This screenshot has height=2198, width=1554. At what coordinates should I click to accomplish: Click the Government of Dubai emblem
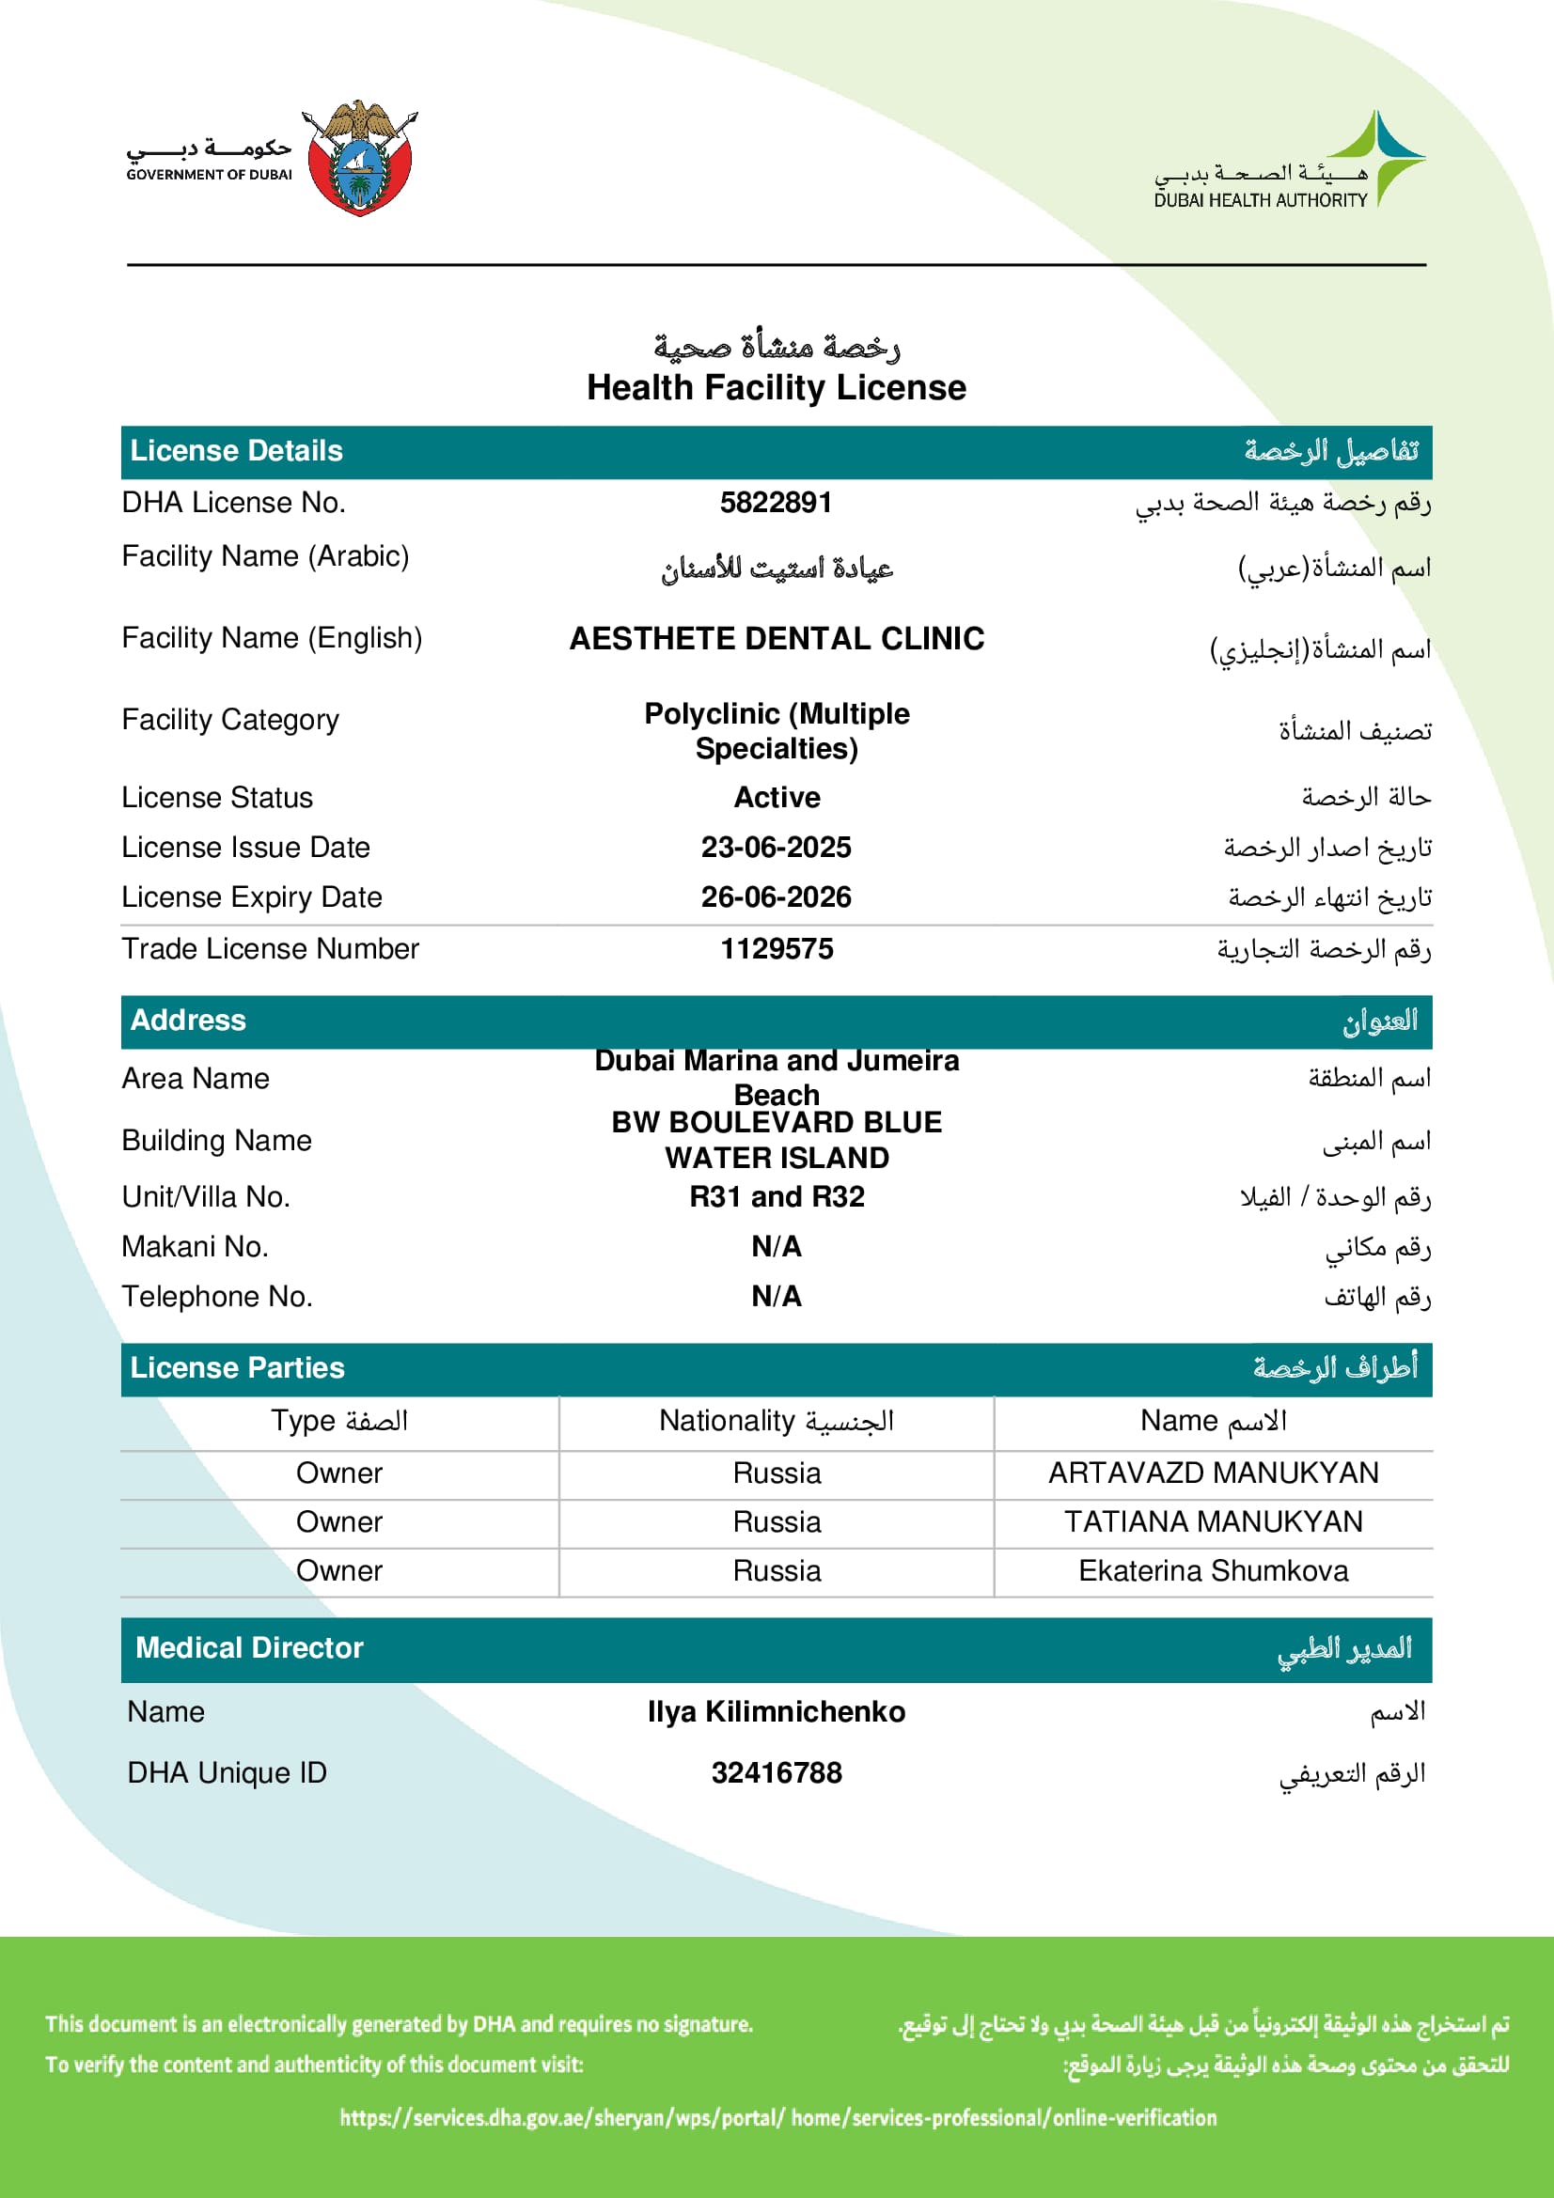(360, 159)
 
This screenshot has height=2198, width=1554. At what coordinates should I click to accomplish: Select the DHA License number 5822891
(776, 503)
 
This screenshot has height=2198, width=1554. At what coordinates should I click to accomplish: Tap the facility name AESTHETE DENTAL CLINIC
(777, 638)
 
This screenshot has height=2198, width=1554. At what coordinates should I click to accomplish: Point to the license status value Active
(777, 798)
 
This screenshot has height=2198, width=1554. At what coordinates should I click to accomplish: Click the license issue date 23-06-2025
(776, 848)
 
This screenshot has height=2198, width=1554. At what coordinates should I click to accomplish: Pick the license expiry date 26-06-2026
(776, 897)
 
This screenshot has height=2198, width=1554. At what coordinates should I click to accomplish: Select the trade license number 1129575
(777, 949)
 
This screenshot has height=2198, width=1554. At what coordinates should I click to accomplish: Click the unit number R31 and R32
(777, 1196)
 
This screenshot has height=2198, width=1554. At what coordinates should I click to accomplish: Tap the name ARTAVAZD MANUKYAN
(1213, 1473)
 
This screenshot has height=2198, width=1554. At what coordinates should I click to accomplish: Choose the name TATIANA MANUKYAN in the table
(1213, 1521)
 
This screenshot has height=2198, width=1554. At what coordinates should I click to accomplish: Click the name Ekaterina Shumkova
(1213, 1570)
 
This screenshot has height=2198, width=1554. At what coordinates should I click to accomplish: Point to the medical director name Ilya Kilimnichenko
(776, 1711)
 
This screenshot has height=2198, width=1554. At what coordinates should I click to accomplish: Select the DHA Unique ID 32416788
(777, 1773)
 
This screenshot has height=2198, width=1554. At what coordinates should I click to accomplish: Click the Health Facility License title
(777, 388)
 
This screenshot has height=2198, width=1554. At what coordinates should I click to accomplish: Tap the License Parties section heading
(238, 1368)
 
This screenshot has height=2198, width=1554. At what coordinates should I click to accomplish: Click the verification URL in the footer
(777, 2117)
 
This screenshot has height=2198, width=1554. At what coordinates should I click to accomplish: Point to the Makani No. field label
(196, 1246)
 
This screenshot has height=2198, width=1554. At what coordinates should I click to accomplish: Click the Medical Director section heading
(249, 1647)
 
